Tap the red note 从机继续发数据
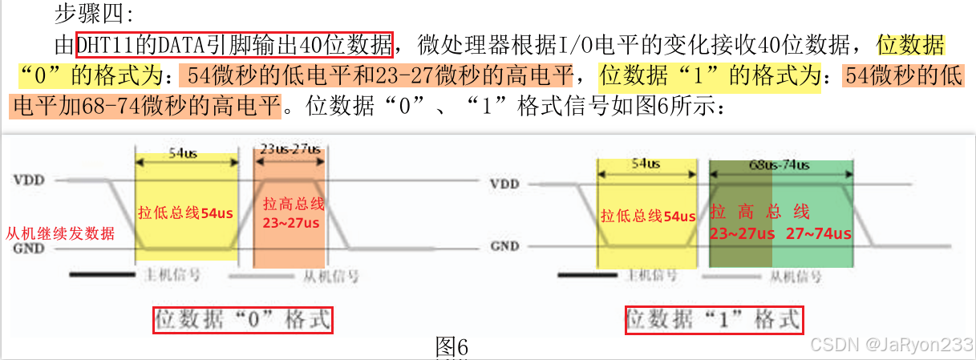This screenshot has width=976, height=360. tap(60, 233)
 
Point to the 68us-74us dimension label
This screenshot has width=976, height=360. tap(780, 164)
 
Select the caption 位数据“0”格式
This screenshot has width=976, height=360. tap(243, 320)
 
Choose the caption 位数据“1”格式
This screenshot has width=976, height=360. tap(714, 319)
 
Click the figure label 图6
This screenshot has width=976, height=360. tap(451, 346)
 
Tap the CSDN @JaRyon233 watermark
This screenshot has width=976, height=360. tap(891, 344)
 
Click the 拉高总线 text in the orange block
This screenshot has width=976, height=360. tap(290, 204)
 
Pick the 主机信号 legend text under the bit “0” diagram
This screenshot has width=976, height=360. tap(172, 275)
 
